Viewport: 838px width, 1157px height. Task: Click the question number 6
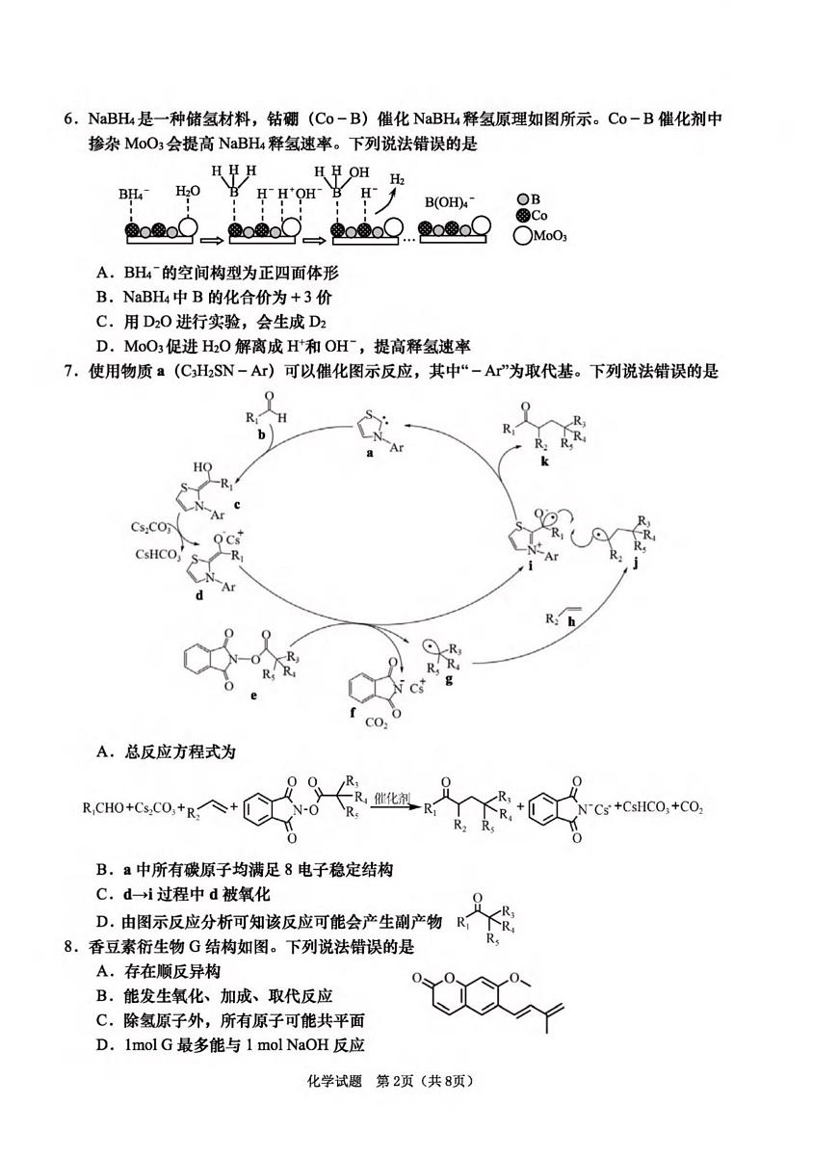(69, 119)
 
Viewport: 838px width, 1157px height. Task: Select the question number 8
(69, 947)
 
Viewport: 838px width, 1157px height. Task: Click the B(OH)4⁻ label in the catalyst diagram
(450, 203)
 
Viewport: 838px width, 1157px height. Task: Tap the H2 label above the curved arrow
(397, 179)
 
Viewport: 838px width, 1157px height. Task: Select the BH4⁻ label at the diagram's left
(135, 194)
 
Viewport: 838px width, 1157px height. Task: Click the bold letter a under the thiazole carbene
(370, 457)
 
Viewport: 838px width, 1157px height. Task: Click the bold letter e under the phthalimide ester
(252, 694)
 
